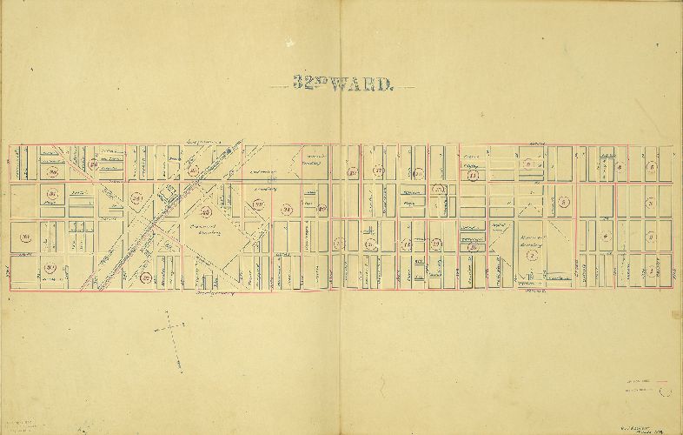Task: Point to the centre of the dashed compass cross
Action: (172, 329)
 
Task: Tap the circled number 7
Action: (530, 278)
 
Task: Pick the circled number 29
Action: (93, 164)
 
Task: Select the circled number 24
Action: (288, 209)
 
